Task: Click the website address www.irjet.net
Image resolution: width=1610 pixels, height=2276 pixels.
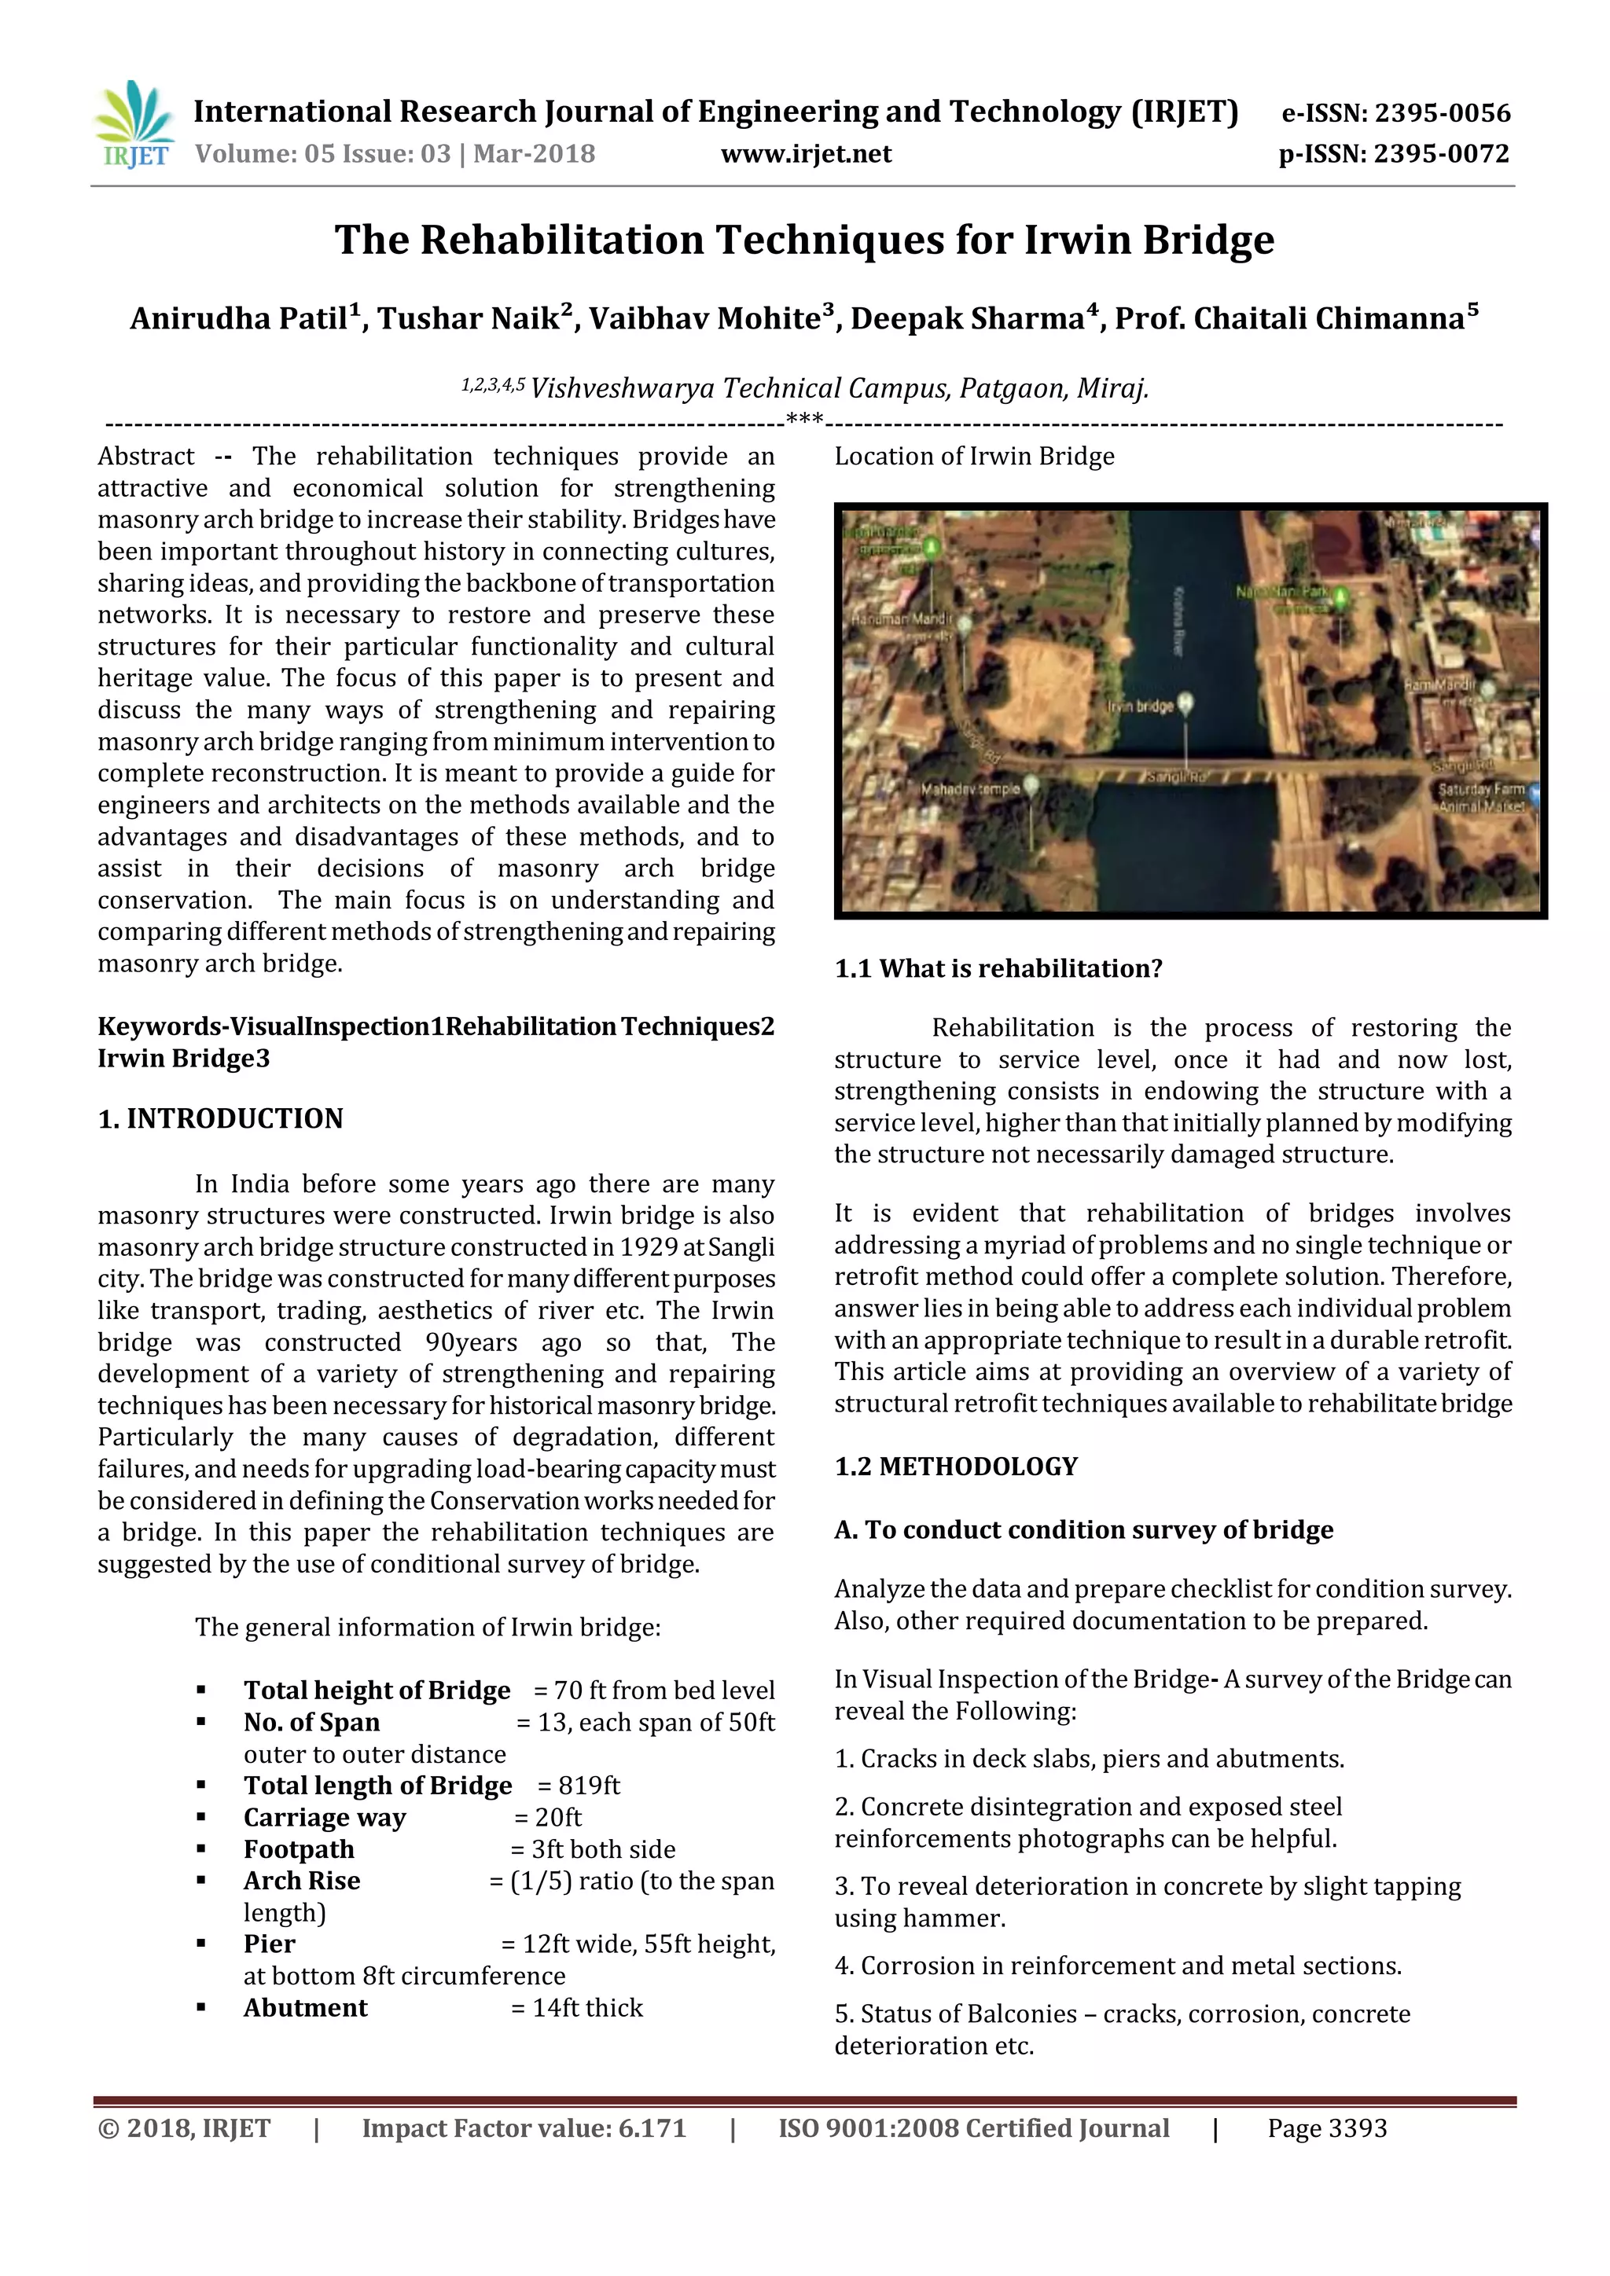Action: click(805, 154)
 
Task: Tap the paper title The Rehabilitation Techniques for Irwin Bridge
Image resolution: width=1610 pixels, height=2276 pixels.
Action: click(804, 240)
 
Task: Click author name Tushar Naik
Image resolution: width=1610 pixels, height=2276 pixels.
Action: click(474, 318)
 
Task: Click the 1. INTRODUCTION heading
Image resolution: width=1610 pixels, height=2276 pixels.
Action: click(220, 1118)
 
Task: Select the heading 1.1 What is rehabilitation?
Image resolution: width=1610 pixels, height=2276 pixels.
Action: click(998, 968)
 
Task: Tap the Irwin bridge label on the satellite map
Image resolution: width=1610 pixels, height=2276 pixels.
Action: click(1140, 706)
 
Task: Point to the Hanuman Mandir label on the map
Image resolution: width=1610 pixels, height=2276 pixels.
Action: click(900, 619)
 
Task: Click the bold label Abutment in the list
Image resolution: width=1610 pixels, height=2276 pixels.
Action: click(305, 2007)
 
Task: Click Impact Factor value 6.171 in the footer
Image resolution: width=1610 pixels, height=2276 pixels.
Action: click(524, 2128)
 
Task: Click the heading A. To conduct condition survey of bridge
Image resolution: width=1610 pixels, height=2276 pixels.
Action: click(1083, 1529)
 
